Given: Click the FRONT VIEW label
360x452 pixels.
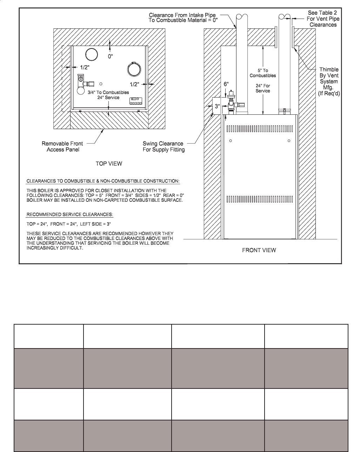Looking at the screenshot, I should (x=259, y=250).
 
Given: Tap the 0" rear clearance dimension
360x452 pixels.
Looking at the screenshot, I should (x=111, y=56).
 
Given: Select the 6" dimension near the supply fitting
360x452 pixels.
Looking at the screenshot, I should (x=226, y=84).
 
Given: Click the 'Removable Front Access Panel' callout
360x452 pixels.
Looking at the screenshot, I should (x=60, y=147).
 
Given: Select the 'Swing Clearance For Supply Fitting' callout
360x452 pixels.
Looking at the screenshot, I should (x=164, y=147).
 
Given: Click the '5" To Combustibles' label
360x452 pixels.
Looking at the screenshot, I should (x=263, y=73).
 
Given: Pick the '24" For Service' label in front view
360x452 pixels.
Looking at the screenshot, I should (x=263, y=88).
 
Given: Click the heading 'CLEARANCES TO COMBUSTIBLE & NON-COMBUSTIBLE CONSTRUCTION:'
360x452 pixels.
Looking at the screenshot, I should (x=103, y=181).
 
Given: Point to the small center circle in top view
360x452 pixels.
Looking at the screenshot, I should (x=101, y=84).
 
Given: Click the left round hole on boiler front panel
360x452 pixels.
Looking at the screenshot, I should (x=231, y=141).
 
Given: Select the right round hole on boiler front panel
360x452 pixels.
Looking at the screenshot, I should (x=289, y=141).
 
